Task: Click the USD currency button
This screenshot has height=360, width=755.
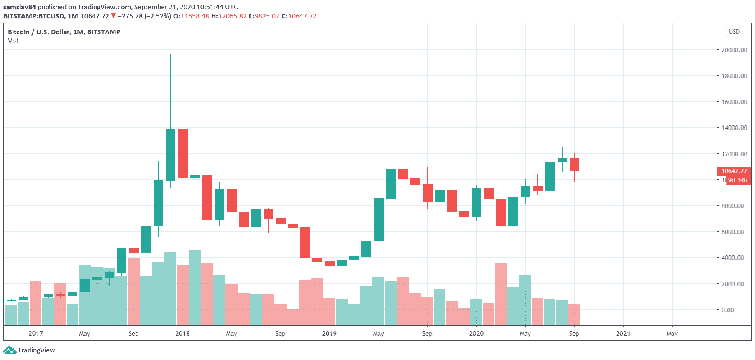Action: [x=734, y=32]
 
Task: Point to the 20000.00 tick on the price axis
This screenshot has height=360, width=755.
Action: [x=734, y=50]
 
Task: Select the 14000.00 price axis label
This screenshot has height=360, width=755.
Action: [x=734, y=128]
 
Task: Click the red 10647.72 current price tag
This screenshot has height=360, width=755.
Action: [x=734, y=171]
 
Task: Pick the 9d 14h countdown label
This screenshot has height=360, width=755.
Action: [x=737, y=180]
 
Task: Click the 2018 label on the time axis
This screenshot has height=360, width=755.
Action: [x=182, y=333]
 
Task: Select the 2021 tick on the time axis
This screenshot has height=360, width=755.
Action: [x=623, y=333]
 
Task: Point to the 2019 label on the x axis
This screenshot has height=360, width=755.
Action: [x=329, y=333]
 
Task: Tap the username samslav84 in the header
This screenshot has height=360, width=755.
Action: [x=20, y=7]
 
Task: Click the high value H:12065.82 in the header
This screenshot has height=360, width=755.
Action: [x=229, y=16]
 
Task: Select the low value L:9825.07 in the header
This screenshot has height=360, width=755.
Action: [x=264, y=16]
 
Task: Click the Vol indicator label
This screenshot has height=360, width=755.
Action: [x=13, y=41]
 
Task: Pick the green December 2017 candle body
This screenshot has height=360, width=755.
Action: [x=170, y=154]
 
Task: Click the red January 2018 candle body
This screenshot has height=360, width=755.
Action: [x=183, y=153]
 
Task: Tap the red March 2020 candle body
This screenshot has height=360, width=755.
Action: [x=501, y=212]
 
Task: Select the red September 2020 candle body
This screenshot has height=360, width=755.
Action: [x=574, y=164]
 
